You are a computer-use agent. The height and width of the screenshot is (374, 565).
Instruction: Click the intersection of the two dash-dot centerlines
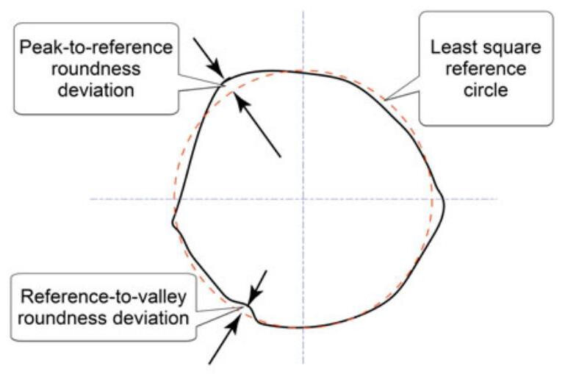pyautogui.click(x=302, y=199)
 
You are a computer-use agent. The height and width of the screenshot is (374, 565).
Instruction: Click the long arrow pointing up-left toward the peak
pyautogui.click(x=257, y=125)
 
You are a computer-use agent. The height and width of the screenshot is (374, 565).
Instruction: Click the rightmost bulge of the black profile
pyautogui.click(x=445, y=198)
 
